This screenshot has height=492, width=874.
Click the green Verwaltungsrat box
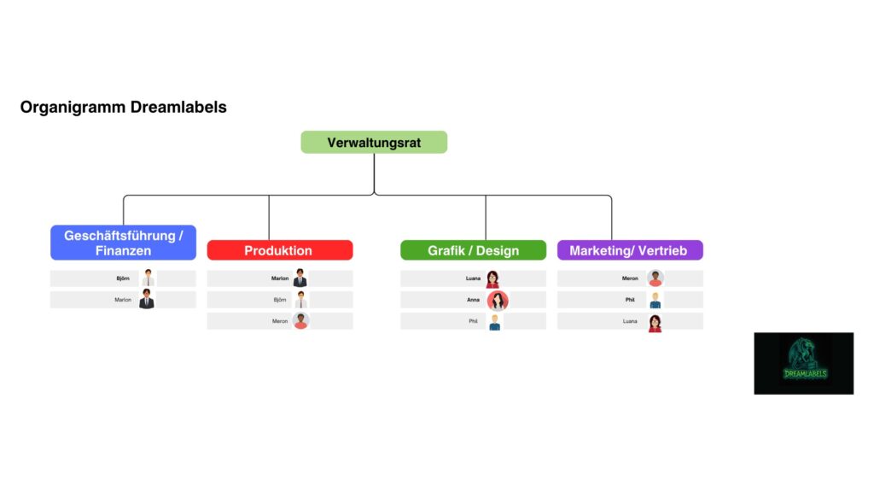tap(374, 143)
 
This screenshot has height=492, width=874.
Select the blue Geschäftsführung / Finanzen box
tap(123, 243)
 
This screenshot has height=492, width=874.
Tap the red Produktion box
tap(279, 250)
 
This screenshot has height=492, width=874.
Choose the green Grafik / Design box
tap(473, 250)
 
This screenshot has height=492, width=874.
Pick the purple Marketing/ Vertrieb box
tap(629, 250)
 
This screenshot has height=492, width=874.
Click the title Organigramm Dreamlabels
tap(123, 108)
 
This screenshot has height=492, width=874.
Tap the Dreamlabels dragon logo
tap(803, 363)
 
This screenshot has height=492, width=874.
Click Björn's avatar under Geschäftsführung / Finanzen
tap(148, 278)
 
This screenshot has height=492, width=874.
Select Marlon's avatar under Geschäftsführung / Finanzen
tap(147, 300)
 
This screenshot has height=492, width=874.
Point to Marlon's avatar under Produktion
tap(300, 278)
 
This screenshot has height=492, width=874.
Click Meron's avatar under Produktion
tap(300, 321)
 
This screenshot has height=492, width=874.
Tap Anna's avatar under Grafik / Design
tap(498, 301)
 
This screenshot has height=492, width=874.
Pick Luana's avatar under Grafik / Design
tap(492, 278)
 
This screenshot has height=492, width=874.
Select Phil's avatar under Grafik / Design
tap(494, 321)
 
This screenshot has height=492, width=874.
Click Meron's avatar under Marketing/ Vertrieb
tap(655, 278)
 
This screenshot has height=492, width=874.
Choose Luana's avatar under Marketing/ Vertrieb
tap(655, 322)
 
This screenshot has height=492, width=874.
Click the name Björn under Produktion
tap(280, 300)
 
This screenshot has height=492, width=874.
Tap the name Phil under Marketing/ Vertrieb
tap(630, 300)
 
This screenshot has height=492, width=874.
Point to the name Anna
tap(473, 300)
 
